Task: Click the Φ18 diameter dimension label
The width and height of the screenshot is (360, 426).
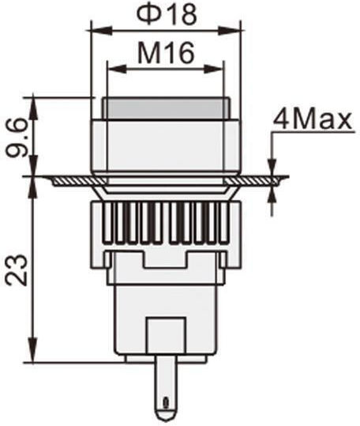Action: click(x=167, y=14)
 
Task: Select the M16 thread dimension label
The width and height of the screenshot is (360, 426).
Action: click(x=166, y=52)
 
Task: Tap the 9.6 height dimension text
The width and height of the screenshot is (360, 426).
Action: click(x=17, y=138)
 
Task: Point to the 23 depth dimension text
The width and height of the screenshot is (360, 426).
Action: click(x=17, y=270)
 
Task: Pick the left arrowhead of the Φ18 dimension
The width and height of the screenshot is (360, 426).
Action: click(x=102, y=30)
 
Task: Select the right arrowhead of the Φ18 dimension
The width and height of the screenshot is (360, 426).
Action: click(x=230, y=30)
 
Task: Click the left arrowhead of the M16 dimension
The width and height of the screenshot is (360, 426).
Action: click(x=117, y=69)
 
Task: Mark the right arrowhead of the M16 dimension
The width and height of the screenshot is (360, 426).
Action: click(x=214, y=69)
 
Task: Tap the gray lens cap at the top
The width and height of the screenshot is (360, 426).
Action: click(x=166, y=108)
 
